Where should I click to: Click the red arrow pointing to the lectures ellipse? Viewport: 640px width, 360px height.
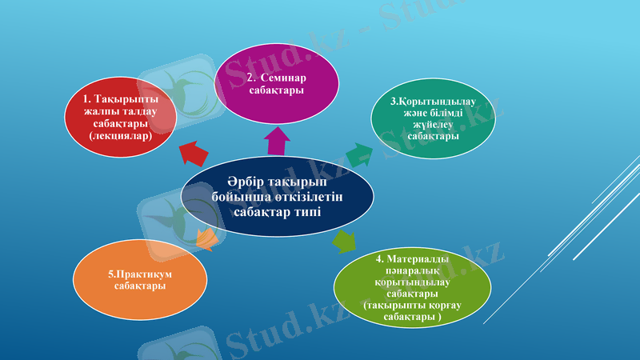[192, 150]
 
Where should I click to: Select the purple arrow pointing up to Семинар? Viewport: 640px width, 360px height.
[277, 141]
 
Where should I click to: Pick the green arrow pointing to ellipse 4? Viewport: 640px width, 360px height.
[344, 240]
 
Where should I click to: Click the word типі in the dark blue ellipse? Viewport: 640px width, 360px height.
[305, 210]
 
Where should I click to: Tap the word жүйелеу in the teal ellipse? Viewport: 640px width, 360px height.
[433, 125]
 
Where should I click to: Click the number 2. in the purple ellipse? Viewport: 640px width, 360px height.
[251, 78]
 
